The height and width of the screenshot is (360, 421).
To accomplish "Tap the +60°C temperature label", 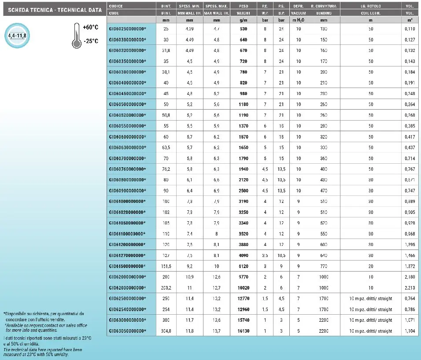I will pyautogui.click(x=90, y=27).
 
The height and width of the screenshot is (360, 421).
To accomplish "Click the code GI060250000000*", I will pyautogui.click(x=127, y=29).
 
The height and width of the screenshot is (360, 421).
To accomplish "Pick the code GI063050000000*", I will pyautogui.click(x=127, y=331).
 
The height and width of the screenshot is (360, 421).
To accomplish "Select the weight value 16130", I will pyautogui.click(x=243, y=331).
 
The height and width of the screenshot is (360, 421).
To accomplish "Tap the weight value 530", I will pyautogui.click(x=243, y=29).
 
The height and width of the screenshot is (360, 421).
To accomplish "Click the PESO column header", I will pyautogui.click(x=243, y=6).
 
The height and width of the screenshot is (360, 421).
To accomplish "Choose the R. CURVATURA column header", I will pyautogui.click(x=324, y=6).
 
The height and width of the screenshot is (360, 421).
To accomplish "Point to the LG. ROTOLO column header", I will pyautogui.click(x=370, y=6).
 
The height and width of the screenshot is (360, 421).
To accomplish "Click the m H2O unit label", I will pyautogui.click(x=298, y=20).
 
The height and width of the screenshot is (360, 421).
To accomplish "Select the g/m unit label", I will pyautogui.click(x=243, y=20).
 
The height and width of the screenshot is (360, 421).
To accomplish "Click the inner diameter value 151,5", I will pyautogui.click(x=166, y=266).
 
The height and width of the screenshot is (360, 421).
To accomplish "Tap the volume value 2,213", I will pyautogui.click(x=409, y=288).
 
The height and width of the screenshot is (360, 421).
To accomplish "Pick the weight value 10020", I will pyautogui.click(x=243, y=288).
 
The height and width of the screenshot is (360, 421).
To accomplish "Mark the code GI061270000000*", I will pyautogui.click(x=127, y=255).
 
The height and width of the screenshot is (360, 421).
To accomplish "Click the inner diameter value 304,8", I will pyautogui.click(x=166, y=331).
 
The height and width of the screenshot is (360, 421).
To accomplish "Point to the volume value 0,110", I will pyautogui.click(x=409, y=29).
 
